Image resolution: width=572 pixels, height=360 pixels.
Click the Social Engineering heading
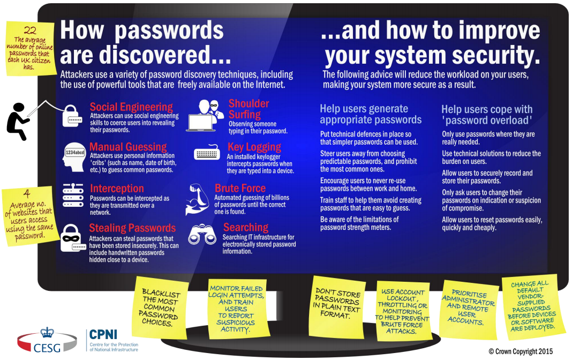[x=131, y=107]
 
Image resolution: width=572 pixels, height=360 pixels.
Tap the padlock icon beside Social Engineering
[x=72, y=115]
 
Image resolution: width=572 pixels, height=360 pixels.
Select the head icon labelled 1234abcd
[x=74, y=155]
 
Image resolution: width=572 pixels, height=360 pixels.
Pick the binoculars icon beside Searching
[x=202, y=234]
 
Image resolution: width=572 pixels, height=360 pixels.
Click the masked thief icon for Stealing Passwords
[x=72, y=238]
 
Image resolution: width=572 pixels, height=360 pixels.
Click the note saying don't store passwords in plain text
[x=336, y=303]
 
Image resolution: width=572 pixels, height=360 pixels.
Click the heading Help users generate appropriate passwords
[x=371, y=114]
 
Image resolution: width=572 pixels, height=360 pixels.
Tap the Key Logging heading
[x=254, y=147]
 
